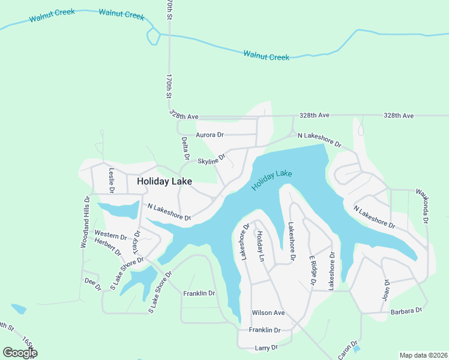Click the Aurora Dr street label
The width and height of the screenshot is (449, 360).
point(209,135)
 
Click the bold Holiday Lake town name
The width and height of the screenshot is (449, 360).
point(164,181)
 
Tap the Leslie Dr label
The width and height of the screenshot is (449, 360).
point(111,179)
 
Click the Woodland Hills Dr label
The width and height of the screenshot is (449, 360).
point(85,222)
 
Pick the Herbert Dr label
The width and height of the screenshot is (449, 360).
point(108,247)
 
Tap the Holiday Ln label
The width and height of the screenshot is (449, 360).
point(261,245)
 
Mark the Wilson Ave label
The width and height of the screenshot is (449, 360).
point(268,313)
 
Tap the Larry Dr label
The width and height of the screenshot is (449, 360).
point(267,347)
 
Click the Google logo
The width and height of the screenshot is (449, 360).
point(20,352)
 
